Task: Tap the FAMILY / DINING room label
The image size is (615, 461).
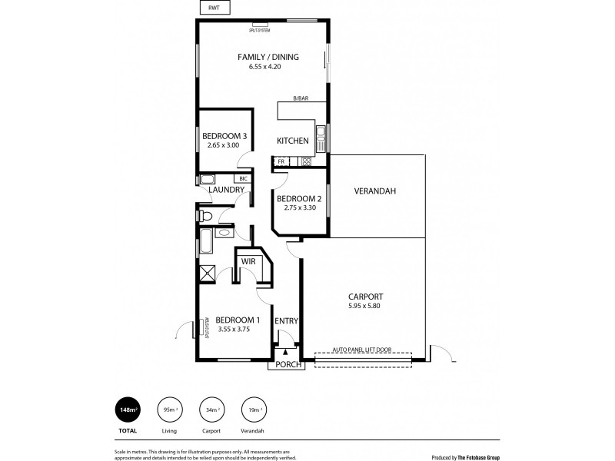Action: [268, 57]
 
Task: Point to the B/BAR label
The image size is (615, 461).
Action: [300, 98]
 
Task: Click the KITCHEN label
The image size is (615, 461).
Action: [293, 141]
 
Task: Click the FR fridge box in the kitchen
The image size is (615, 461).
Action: [281, 161]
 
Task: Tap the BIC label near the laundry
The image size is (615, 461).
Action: [243, 178]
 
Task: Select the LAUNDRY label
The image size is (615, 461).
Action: [226, 190]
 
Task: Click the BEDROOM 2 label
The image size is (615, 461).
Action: [299, 197]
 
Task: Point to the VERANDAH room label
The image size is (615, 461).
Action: [374, 191]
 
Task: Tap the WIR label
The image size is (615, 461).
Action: [248, 261]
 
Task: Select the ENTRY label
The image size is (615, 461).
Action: [286, 321]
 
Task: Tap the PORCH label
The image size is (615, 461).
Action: [286, 365]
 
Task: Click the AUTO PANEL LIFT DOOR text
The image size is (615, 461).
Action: [362, 350]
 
